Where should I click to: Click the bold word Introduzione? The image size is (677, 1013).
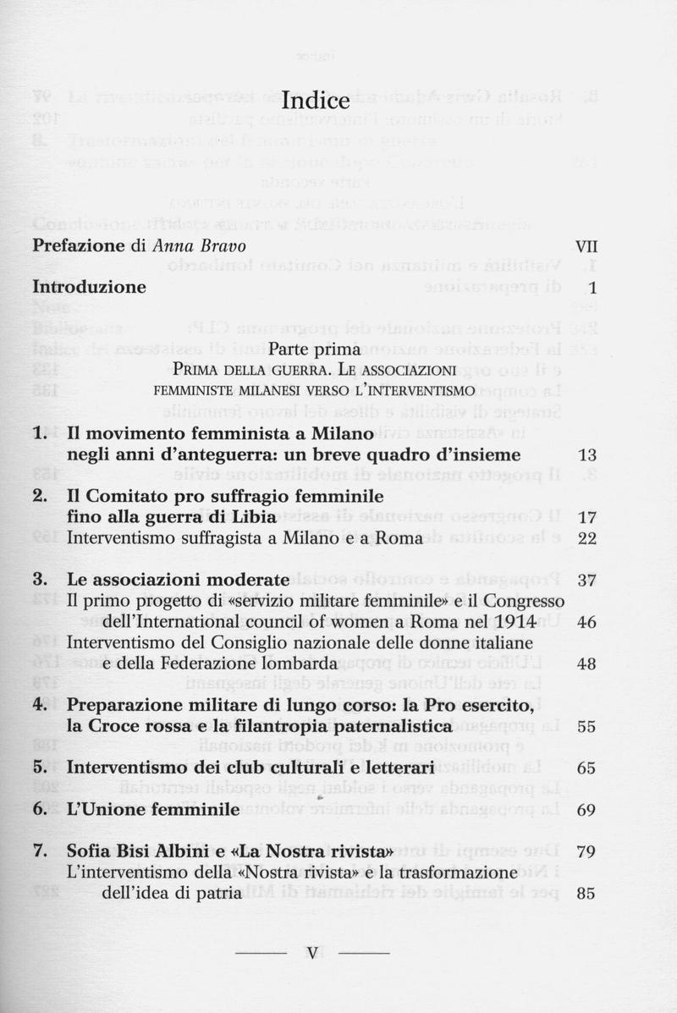(x=89, y=287)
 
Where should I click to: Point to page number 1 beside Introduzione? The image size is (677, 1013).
(x=593, y=288)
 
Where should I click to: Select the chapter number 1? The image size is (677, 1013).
(x=38, y=433)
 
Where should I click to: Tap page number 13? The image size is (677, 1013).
(x=586, y=455)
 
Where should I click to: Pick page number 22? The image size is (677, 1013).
(x=586, y=538)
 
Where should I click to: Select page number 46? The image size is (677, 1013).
(x=586, y=622)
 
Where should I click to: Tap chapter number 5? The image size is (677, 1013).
(x=38, y=768)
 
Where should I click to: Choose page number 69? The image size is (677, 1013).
(x=586, y=810)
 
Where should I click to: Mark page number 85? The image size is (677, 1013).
(x=586, y=892)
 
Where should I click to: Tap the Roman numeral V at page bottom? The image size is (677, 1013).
(x=313, y=955)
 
